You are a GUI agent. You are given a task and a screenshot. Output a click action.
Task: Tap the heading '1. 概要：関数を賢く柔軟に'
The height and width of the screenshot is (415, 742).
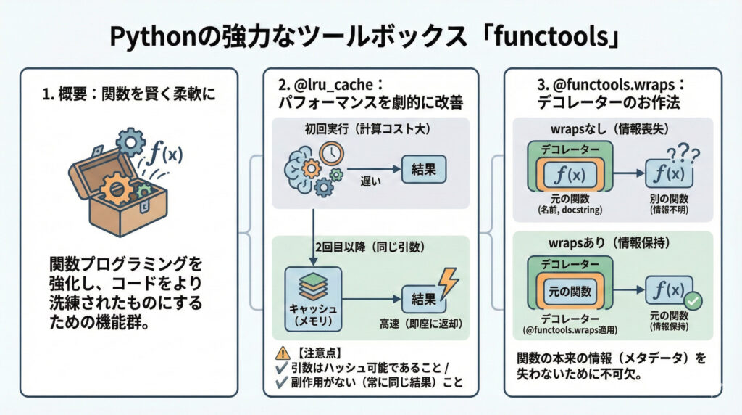pos(129,95)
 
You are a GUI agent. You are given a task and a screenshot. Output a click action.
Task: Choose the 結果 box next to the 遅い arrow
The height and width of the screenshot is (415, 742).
pos(424,169)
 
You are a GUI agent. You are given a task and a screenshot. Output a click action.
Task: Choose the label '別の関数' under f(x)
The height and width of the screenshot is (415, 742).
pos(666,198)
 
